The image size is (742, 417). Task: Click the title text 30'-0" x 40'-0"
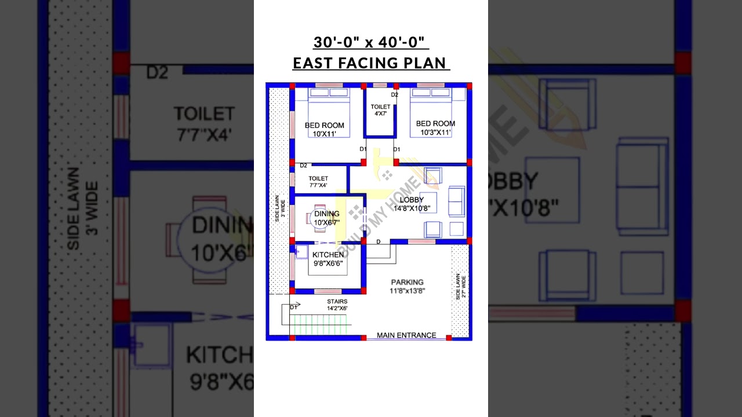coord(371,42)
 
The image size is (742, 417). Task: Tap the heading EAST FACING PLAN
coord(371,63)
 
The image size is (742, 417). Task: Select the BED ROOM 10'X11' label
coord(325,129)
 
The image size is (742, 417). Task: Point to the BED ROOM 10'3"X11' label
coord(435,127)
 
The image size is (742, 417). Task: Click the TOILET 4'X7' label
coord(380,110)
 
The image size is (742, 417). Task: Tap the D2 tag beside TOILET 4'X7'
coord(395,94)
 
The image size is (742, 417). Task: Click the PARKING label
coord(407,282)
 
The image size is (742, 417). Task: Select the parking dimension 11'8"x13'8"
coord(407,291)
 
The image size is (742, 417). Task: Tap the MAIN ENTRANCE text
coord(406,335)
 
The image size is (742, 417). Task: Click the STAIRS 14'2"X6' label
coord(337,305)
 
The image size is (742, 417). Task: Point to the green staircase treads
coord(321,324)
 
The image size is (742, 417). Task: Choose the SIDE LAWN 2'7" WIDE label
coord(460,287)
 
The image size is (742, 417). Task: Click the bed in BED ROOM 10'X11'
coord(329,104)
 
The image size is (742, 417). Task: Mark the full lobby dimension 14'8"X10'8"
coord(412,209)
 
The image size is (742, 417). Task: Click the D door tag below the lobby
coord(379,242)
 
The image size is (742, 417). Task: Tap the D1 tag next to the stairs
coord(293,308)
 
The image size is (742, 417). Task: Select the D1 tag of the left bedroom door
coord(363,149)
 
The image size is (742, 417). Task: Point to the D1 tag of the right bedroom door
coord(397,149)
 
